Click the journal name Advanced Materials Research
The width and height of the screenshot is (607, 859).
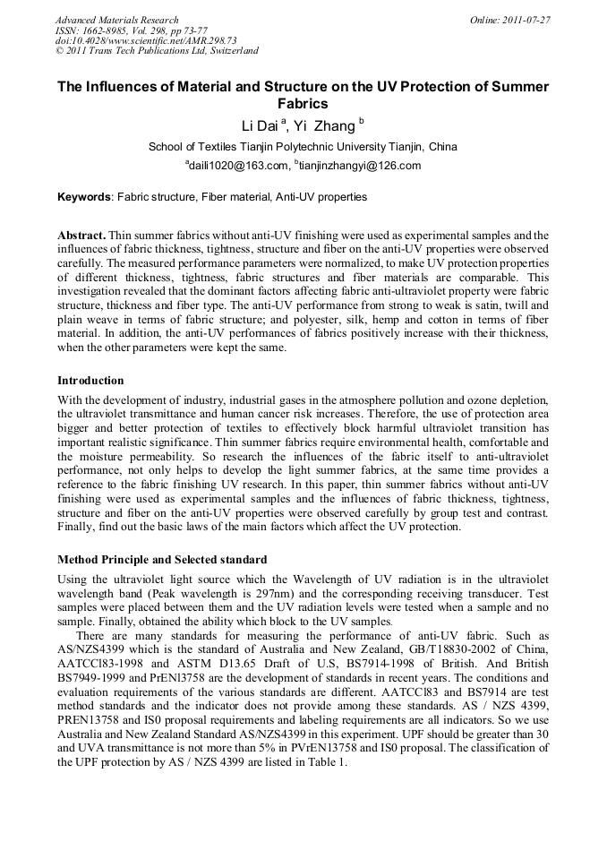[116, 20]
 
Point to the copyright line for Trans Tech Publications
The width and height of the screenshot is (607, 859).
[157, 51]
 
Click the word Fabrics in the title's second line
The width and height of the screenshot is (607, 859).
[303, 104]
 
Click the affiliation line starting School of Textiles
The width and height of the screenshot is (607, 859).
[303, 147]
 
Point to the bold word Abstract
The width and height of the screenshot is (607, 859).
[81, 236]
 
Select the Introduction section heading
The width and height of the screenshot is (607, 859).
[90, 381]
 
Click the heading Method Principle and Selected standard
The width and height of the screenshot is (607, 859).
[162, 560]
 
